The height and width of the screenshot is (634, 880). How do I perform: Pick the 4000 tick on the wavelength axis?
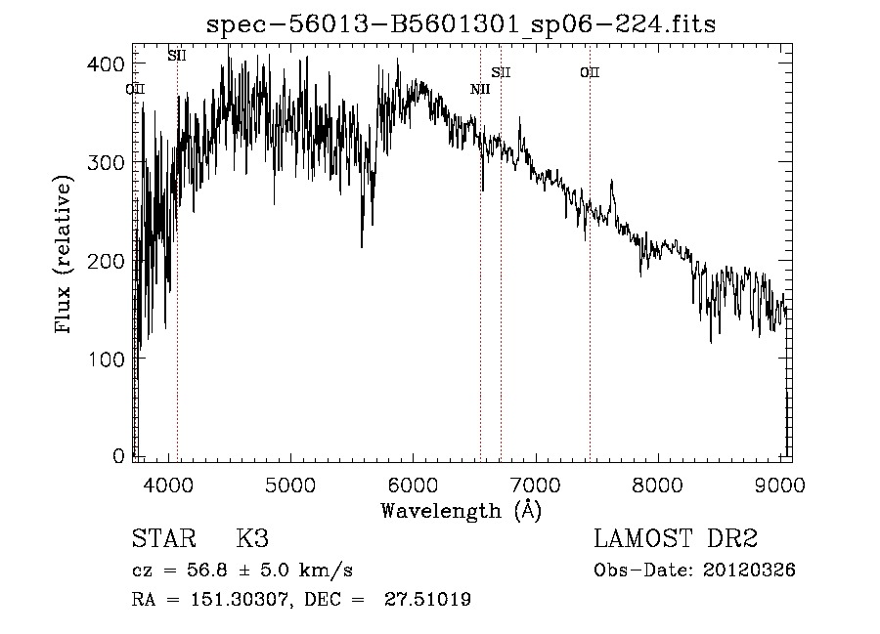click(x=168, y=484)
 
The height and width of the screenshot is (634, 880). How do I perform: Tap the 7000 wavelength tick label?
click(x=535, y=484)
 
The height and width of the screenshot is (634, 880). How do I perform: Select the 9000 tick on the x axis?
click(x=779, y=484)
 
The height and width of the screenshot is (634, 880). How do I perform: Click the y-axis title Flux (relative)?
click(x=66, y=256)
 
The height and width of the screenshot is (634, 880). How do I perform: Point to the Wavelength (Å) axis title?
click(x=461, y=510)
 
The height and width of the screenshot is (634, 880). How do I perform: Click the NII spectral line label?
click(x=479, y=90)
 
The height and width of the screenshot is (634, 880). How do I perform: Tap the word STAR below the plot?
click(x=162, y=540)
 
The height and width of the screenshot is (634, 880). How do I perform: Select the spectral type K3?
click(x=251, y=540)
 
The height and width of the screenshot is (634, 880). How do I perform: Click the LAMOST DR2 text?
click(x=676, y=538)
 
